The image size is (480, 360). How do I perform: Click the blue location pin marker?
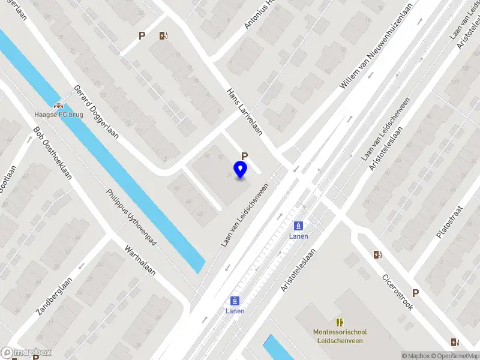241,170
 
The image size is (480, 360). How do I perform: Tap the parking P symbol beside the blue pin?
244,156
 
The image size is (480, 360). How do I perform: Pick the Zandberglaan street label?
55,296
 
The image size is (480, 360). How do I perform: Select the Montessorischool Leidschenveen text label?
340,336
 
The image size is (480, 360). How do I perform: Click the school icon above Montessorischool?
340,322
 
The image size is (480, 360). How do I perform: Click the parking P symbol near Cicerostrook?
415,293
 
